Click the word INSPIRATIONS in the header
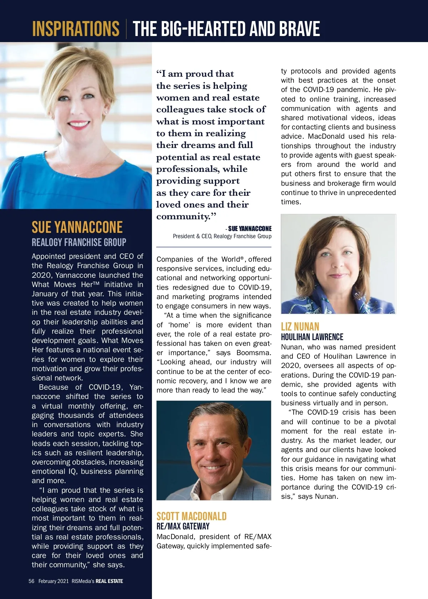pos(76,29)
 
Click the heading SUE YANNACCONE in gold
pos(77,227)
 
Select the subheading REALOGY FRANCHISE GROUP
pos(79,242)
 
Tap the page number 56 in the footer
pos(31,581)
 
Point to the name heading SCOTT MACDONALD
pos(192,516)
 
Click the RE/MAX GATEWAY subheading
pos(183,526)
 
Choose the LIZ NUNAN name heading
pos(300,327)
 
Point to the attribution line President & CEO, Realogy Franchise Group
pos(222,236)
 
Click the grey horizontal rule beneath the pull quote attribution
pos(214,247)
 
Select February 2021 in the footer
pos(53,581)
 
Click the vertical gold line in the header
pos(126,29)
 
